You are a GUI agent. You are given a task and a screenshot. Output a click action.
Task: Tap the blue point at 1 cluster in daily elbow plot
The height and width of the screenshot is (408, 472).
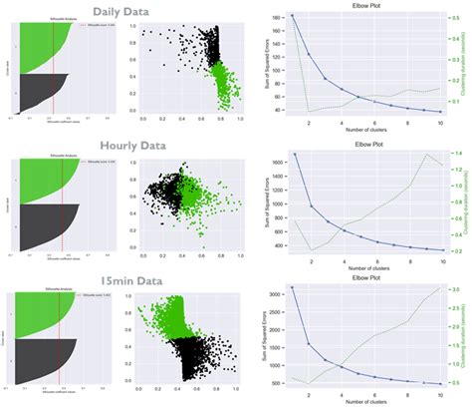292,17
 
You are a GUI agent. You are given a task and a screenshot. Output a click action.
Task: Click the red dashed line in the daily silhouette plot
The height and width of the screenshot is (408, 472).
53,60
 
